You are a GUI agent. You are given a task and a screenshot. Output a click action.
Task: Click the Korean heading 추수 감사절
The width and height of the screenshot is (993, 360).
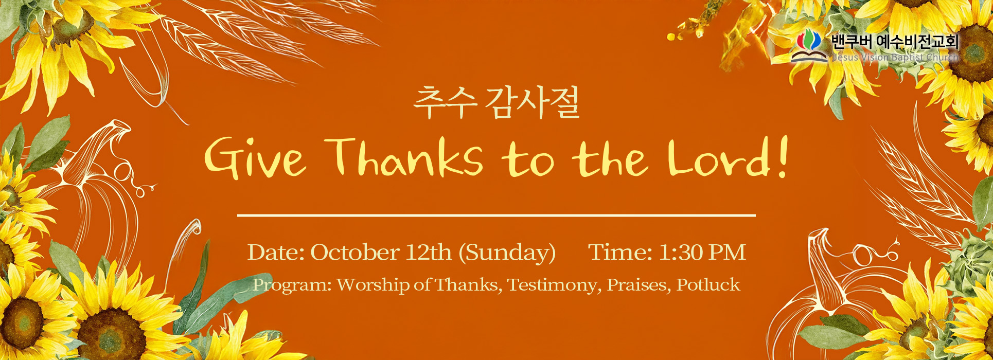click(x=496, y=103)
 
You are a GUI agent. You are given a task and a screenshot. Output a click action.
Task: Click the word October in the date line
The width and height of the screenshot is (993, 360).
click(x=354, y=253)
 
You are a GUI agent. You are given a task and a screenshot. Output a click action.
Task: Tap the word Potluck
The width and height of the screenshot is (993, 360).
click(x=708, y=285)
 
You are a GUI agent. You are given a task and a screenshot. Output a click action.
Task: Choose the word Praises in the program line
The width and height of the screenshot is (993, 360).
click(x=639, y=285)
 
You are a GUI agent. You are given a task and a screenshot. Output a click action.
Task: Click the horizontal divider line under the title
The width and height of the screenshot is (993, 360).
click(x=496, y=215)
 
